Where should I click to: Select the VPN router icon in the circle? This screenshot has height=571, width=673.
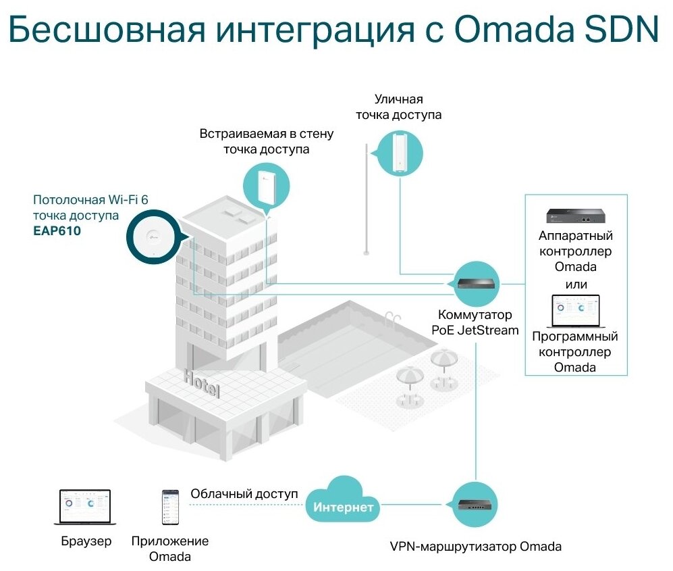point(476,504)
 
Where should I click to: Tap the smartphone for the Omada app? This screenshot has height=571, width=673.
point(170,507)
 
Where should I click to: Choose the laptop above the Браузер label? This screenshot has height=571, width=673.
point(85,507)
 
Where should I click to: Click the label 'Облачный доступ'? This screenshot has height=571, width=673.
point(244,494)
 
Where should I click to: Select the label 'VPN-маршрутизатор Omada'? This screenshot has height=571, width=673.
point(476,546)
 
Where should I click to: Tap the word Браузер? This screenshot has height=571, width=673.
point(86,542)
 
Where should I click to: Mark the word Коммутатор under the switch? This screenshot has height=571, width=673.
point(475,315)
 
